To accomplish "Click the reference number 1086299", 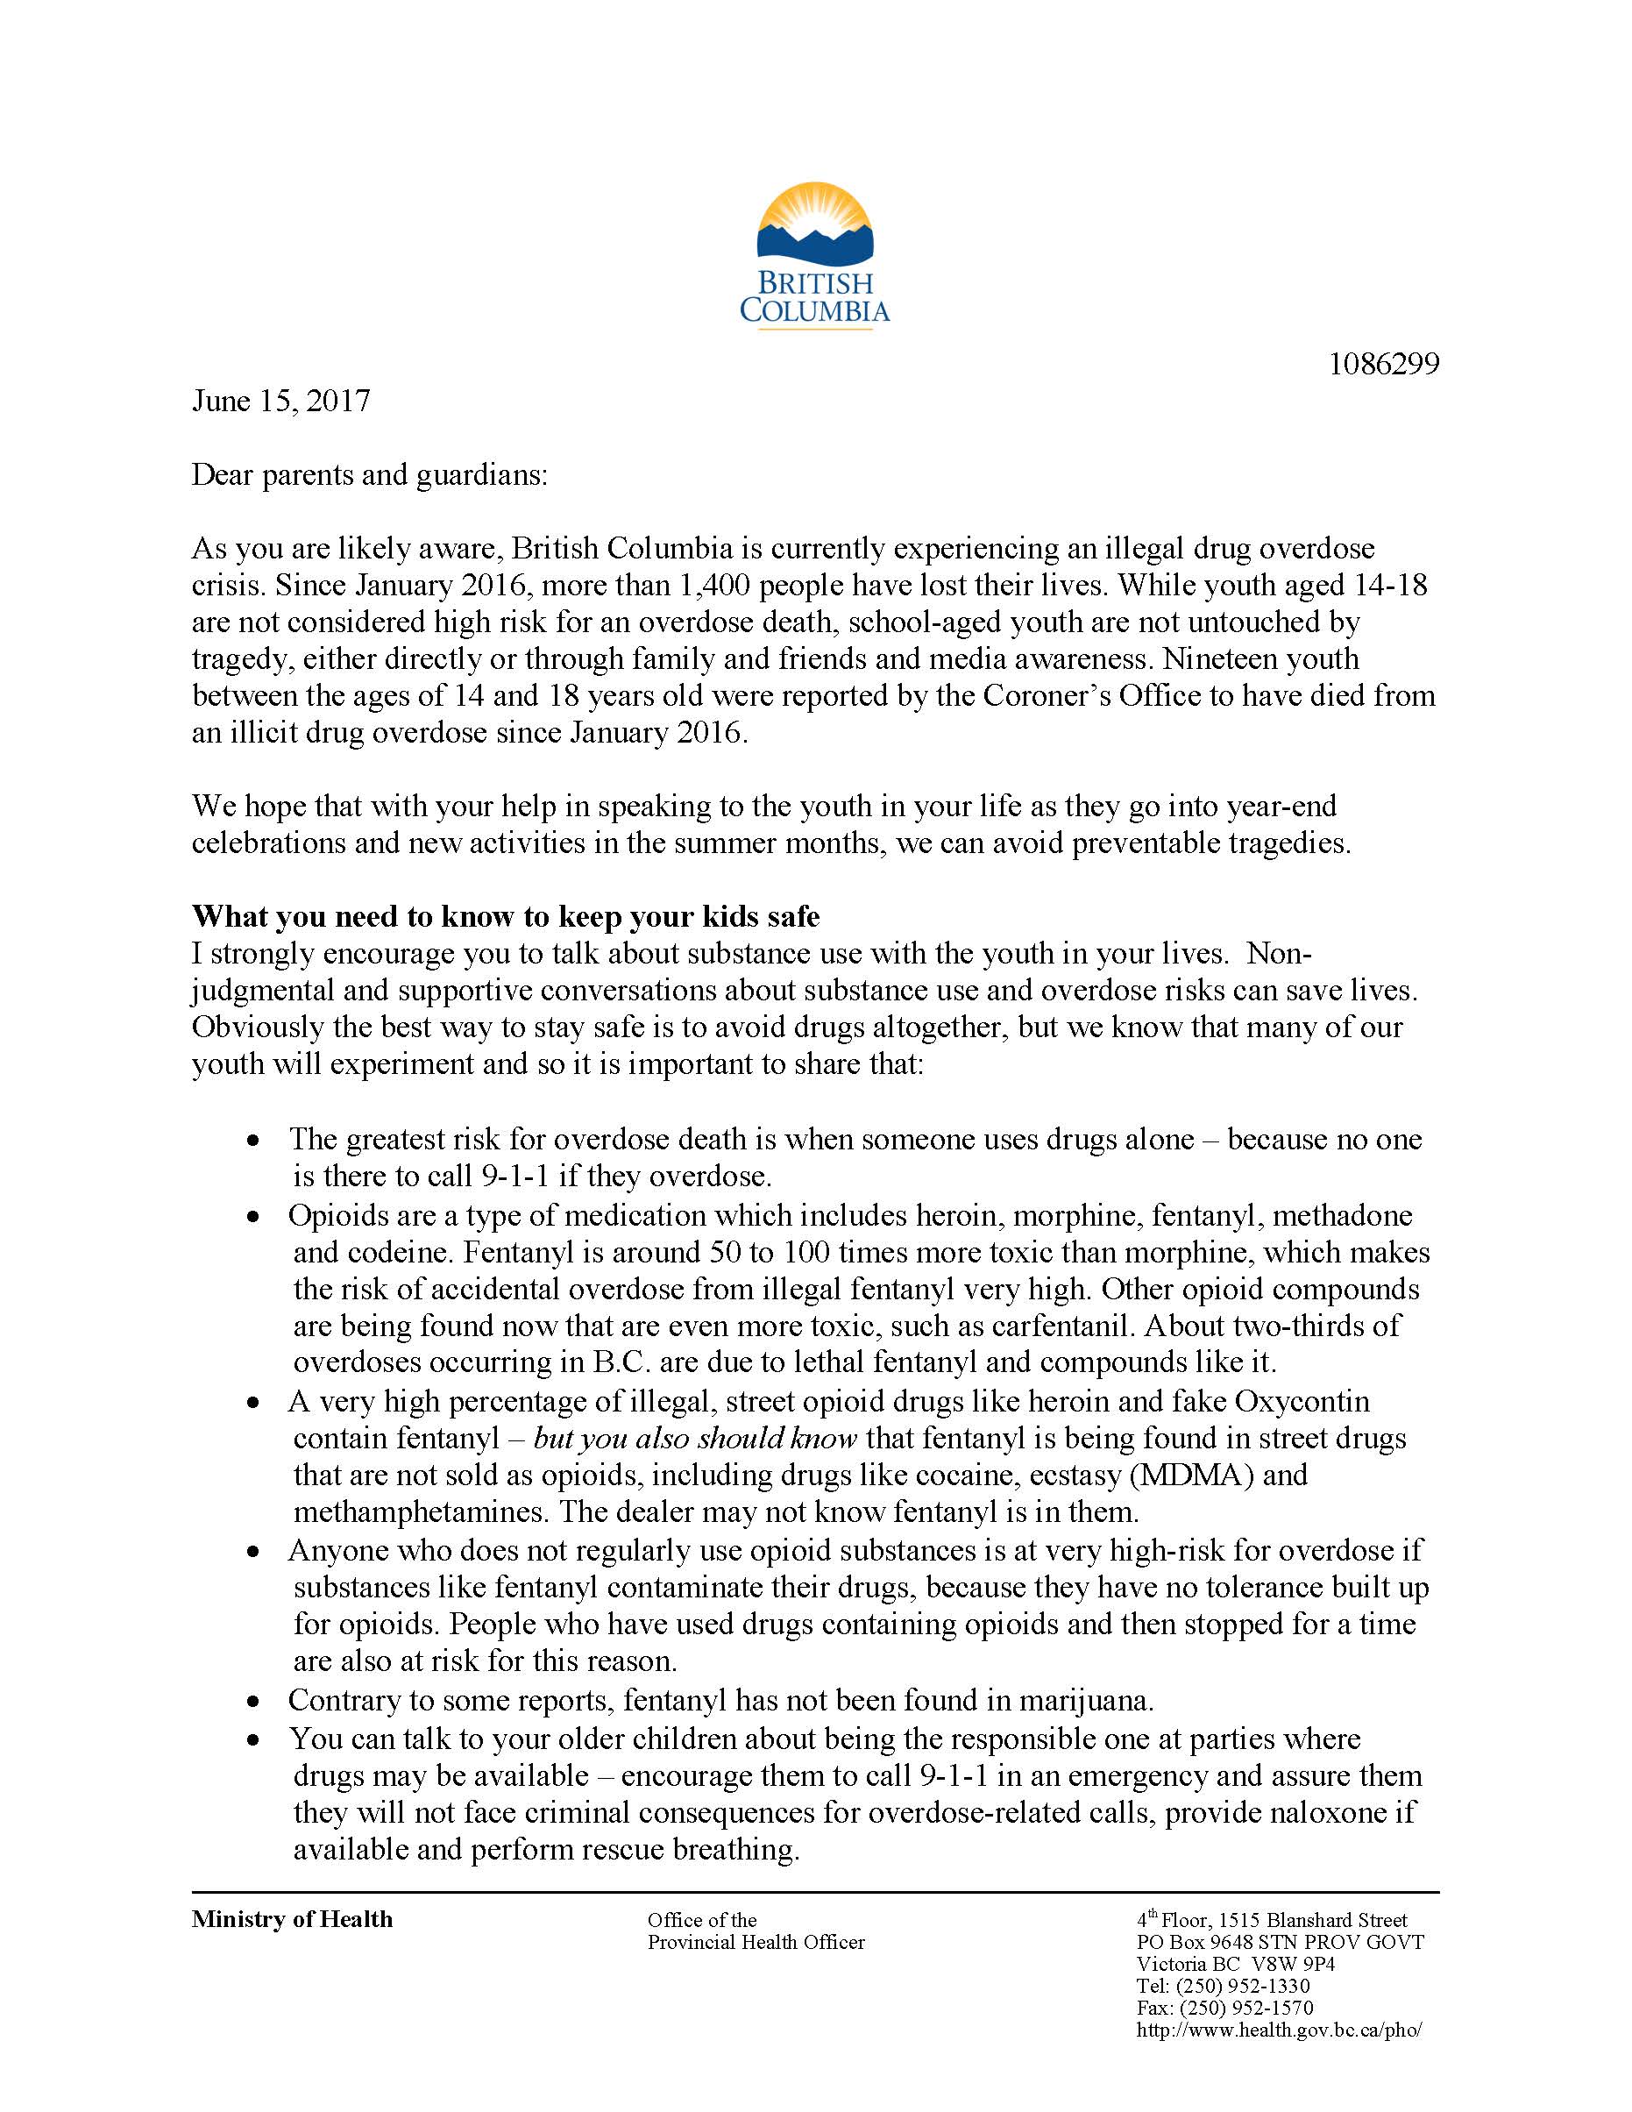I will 1384,365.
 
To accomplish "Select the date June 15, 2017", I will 281,402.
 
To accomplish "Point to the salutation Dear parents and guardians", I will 369,475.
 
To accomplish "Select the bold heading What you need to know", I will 506,917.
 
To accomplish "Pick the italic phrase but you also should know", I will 695,1438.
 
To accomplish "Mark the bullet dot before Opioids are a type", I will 253,1217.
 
